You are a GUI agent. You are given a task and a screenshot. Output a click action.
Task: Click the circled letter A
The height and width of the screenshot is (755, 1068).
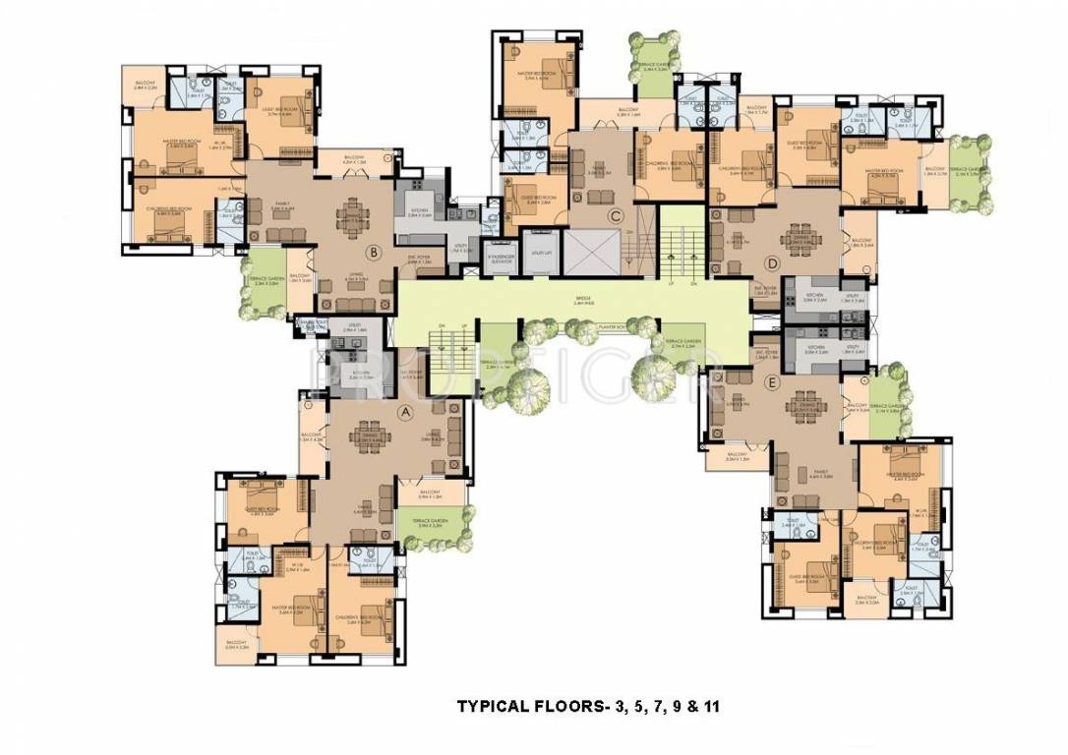[x=404, y=414]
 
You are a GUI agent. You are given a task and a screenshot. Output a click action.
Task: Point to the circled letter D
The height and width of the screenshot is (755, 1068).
[x=773, y=262]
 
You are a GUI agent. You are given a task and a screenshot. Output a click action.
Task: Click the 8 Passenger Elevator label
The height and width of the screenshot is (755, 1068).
[x=502, y=260]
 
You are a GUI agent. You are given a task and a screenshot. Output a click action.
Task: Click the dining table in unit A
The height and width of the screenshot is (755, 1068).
[x=371, y=436]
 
